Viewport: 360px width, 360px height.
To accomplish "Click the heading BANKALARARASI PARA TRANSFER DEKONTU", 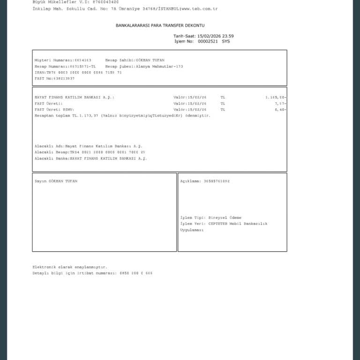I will (160, 25).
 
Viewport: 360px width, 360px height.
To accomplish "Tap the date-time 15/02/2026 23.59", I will (216, 36).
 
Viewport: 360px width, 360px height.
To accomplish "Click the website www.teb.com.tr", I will (199, 9).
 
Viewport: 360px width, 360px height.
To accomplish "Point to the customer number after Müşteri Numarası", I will (83, 60).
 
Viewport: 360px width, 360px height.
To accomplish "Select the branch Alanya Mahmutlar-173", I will (159, 67).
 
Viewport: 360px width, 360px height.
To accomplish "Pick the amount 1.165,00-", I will (276, 97).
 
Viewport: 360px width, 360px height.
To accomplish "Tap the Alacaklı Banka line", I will (90, 158).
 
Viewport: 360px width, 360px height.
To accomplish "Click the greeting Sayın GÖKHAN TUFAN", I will (56, 181).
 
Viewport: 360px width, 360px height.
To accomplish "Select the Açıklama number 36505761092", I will (217, 181).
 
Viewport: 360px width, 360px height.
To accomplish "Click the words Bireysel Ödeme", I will (228, 217).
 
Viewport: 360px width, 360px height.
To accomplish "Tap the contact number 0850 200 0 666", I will (136, 273).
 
